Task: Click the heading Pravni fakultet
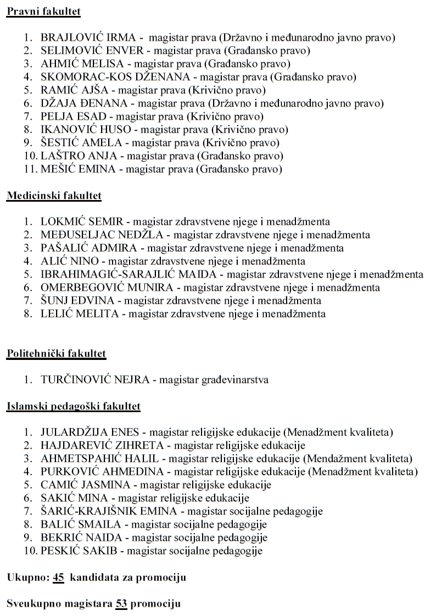(x=43, y=11)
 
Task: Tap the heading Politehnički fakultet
(x=56, y=353)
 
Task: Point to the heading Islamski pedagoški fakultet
(x=73, y=406)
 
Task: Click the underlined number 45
(x=59, y=577)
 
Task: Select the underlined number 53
(x=121, y=603)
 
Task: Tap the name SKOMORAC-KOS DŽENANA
(x=115, y=77)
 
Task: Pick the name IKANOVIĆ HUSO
(x=86, y=130)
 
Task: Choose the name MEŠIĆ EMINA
(x=78, y=169)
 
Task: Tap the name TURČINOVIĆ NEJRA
(x=93, y=380)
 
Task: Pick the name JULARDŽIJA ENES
(x=90, y=432)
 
